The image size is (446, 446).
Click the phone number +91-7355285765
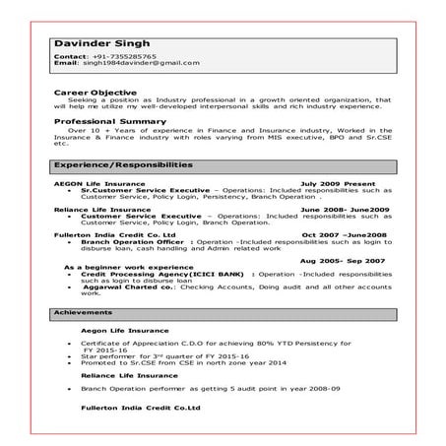(x=121, y=55)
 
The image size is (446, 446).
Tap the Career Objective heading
(x=96, y=92)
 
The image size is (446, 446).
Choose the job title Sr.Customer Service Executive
(x=145, y=191)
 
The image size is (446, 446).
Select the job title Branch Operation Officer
(x=134, y=243)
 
